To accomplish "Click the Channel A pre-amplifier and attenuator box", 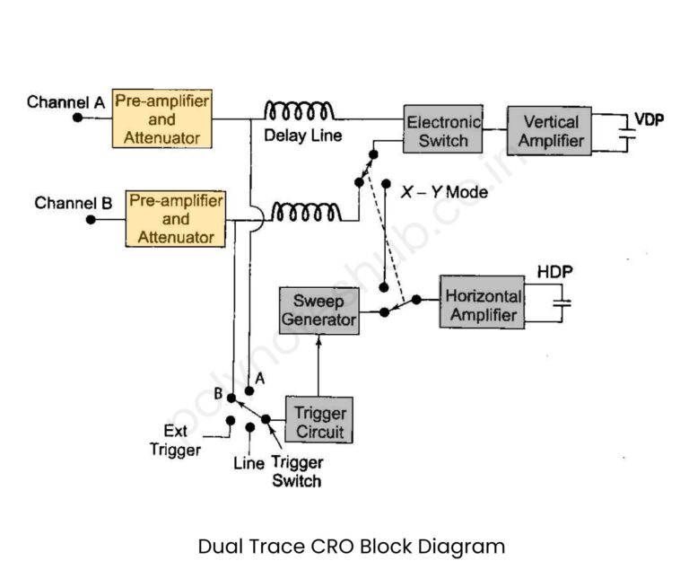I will click(x=162, y=118).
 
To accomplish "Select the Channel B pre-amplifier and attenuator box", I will click(x=176, y=218).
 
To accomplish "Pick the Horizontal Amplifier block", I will click(x=483, y=305).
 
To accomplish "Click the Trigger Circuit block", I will click(x=318, y=421).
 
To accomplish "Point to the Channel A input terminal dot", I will click(x=78, y=118).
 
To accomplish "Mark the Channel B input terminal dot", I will click(x=90, y=218).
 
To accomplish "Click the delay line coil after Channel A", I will click(x=299, y=111).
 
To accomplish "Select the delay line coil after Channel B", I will click(x=306, y=213).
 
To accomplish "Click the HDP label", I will click(x=554, y=270).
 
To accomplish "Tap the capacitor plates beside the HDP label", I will click(x=563, y=304).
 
